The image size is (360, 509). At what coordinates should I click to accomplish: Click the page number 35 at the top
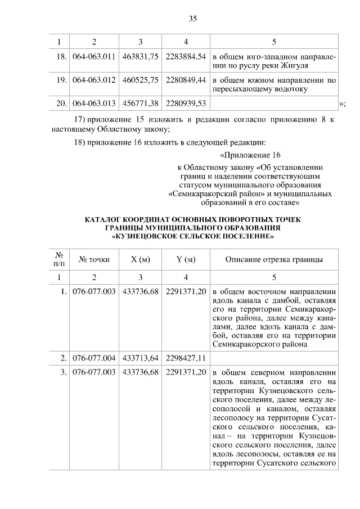pos(192,19)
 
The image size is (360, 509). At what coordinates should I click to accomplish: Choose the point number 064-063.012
pos(94,80)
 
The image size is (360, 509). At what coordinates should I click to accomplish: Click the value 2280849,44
pos(186,80)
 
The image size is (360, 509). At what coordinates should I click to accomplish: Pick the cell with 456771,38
pos(140,103)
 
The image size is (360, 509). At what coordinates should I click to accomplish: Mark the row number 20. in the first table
pos(62,103)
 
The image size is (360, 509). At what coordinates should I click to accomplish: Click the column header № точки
pos(94,259)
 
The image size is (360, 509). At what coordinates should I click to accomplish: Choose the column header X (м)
pos(140,259)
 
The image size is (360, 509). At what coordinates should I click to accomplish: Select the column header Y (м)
pos(186,259)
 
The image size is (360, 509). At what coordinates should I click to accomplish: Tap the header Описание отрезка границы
pos(274,259)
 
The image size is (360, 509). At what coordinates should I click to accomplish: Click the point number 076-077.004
pos(94,357)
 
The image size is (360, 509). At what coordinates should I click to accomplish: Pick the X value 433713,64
pos(140,357)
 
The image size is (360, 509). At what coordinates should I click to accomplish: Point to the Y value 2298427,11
pos(186,357)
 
